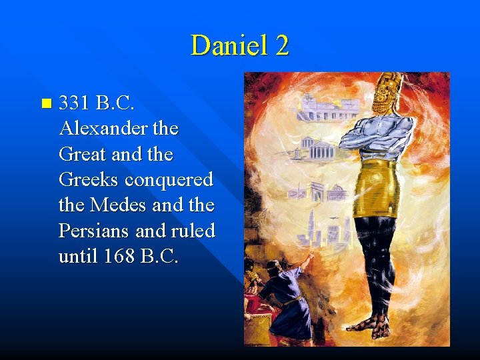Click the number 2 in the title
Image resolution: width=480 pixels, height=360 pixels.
281,45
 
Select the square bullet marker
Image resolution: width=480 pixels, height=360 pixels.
45,103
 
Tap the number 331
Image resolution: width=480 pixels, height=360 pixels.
75,103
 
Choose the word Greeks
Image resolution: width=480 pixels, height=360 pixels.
89,180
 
